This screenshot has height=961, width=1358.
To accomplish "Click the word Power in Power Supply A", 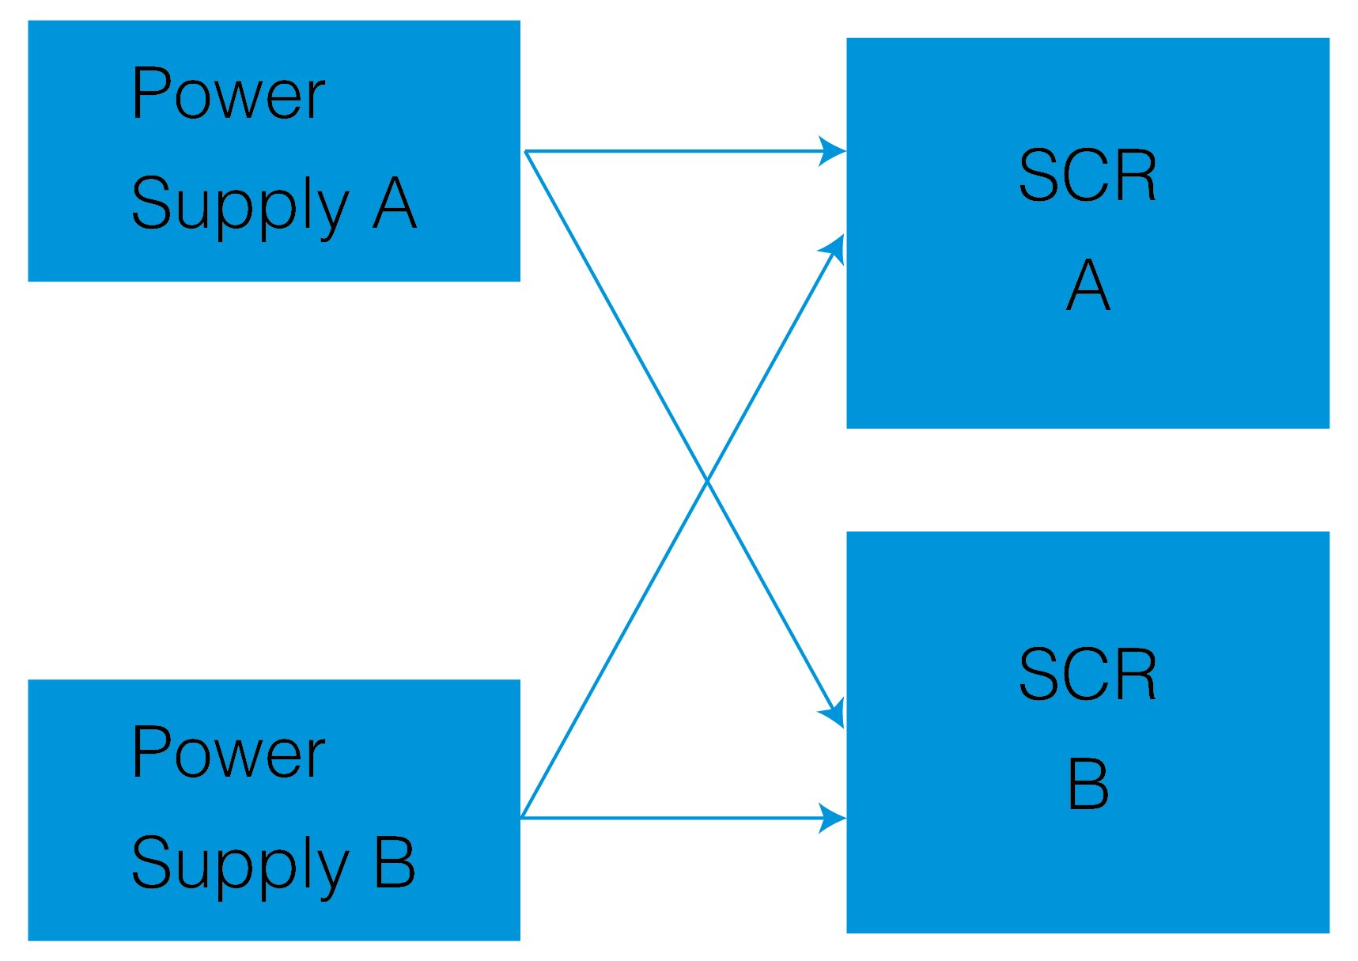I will point(228,94).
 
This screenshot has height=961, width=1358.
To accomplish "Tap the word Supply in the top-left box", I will point(240,204).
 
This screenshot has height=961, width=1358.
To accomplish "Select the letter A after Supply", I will point(394,203).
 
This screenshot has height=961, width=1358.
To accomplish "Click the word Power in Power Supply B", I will point(228,753).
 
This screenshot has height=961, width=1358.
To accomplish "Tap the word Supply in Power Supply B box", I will point(240,864).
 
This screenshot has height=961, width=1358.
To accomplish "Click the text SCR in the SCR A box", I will point(1087,176).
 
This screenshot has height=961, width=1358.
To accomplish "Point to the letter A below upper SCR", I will point(1088,286).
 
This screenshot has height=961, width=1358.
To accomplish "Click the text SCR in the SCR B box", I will point(1087,675).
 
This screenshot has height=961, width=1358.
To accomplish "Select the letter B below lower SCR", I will point(1088,784).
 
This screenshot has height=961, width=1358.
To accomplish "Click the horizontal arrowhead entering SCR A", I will point(833,150).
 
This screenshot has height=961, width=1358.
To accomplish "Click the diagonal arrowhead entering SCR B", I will point(834,713).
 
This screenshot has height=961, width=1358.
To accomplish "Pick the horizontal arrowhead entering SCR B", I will point(833,818).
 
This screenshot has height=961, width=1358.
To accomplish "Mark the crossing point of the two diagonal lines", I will point(707,479).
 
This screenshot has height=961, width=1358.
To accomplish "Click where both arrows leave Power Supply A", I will point(526,150).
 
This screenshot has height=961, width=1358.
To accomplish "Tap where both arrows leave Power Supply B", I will point(523,817).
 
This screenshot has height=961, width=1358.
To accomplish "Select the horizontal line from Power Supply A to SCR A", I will point(672,150).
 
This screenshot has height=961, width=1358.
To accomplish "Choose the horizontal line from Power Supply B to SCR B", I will point(672,818).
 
